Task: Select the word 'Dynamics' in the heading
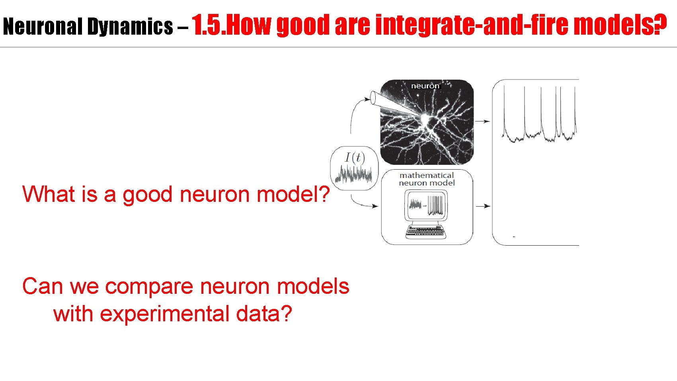130,27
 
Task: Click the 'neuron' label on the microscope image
425,86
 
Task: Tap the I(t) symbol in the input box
355,158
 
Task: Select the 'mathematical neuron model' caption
427,179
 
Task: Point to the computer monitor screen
426,205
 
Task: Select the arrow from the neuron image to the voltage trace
482,121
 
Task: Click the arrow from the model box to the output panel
483,206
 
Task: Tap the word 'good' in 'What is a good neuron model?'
147,195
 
